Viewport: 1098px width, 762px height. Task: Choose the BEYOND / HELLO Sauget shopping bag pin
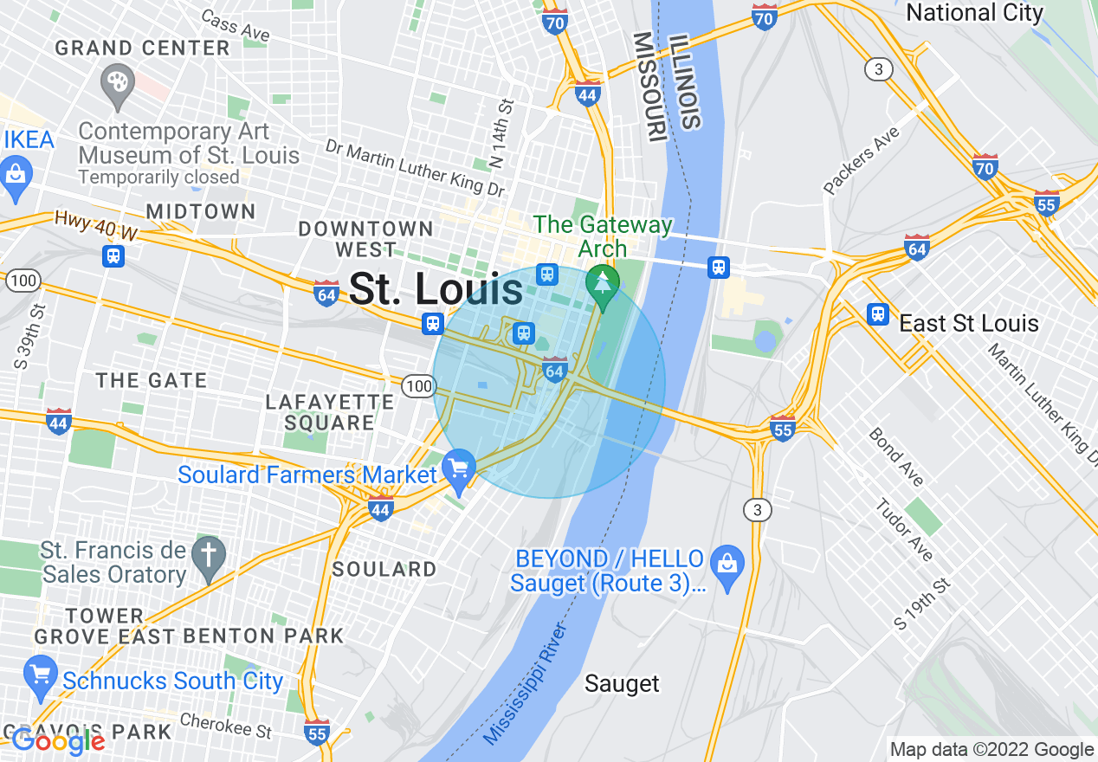click(727, 564)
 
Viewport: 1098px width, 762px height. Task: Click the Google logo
click(58, 741)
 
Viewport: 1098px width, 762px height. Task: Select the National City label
click(974, 13)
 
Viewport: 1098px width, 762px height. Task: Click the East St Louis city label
click(969, 324)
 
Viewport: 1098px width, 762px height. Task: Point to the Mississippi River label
click(529, 683)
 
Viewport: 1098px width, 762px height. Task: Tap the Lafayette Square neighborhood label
click(330, 412)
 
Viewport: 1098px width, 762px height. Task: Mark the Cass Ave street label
click(235, 25)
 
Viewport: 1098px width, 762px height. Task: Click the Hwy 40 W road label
click(96, 226)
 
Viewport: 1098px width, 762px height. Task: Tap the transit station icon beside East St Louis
click(878, 313)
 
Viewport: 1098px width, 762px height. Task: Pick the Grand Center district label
click(143, 48)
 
